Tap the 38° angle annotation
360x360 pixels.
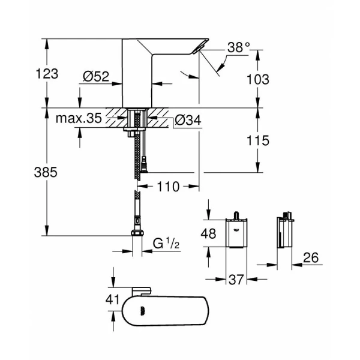(238, 48)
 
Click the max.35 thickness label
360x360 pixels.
(79, 119)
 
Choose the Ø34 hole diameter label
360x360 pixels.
(188, 121)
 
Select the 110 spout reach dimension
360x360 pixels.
(169, 187)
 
